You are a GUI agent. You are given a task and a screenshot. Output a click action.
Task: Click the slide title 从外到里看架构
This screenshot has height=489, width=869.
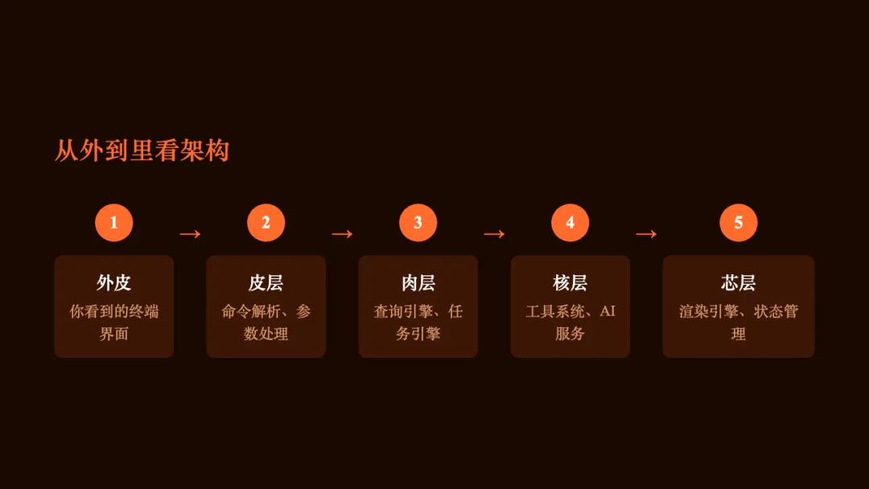[142, 150]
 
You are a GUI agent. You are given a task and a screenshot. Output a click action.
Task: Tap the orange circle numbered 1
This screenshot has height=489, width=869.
[113, 223]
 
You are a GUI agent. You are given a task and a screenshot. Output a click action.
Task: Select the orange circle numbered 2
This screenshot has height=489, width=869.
[266, 223]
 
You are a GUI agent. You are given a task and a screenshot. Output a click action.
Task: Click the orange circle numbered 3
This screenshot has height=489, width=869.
[418, 223]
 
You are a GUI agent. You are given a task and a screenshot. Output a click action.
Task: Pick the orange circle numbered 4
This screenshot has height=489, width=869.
[570, 223]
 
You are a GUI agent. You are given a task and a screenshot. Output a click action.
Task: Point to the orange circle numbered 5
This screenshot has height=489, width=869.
[738, 223]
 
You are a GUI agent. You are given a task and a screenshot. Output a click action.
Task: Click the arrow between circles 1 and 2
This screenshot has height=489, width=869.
[190, 234]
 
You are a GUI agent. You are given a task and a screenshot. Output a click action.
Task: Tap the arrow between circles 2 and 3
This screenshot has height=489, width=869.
[342, 234]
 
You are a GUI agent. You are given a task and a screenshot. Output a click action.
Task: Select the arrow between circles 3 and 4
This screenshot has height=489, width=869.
[494, 234]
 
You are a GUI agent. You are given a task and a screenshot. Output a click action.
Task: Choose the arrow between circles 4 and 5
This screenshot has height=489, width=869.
[646, 234]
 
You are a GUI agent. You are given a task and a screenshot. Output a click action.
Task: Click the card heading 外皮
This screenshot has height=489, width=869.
[113, 283]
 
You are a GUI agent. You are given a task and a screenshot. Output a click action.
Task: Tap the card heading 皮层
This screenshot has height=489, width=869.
[266, 283]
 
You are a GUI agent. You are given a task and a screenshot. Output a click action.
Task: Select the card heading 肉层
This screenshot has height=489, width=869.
[418, 283]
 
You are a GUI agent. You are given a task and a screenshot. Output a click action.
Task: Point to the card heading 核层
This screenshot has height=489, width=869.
[570, 283]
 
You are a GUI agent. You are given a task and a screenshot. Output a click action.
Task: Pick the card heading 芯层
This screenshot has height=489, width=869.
[738, 283]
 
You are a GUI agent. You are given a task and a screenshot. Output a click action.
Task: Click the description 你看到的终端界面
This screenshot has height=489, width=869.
[113, 322]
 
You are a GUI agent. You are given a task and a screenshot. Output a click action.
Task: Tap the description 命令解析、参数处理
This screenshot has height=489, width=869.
[266, 322]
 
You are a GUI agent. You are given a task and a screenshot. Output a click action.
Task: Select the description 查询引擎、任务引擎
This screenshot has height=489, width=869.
[418, 322]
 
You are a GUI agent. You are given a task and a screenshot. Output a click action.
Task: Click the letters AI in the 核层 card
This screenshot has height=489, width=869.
[607, 311]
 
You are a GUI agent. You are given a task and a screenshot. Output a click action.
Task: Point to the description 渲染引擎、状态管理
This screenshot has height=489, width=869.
[738, 322]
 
